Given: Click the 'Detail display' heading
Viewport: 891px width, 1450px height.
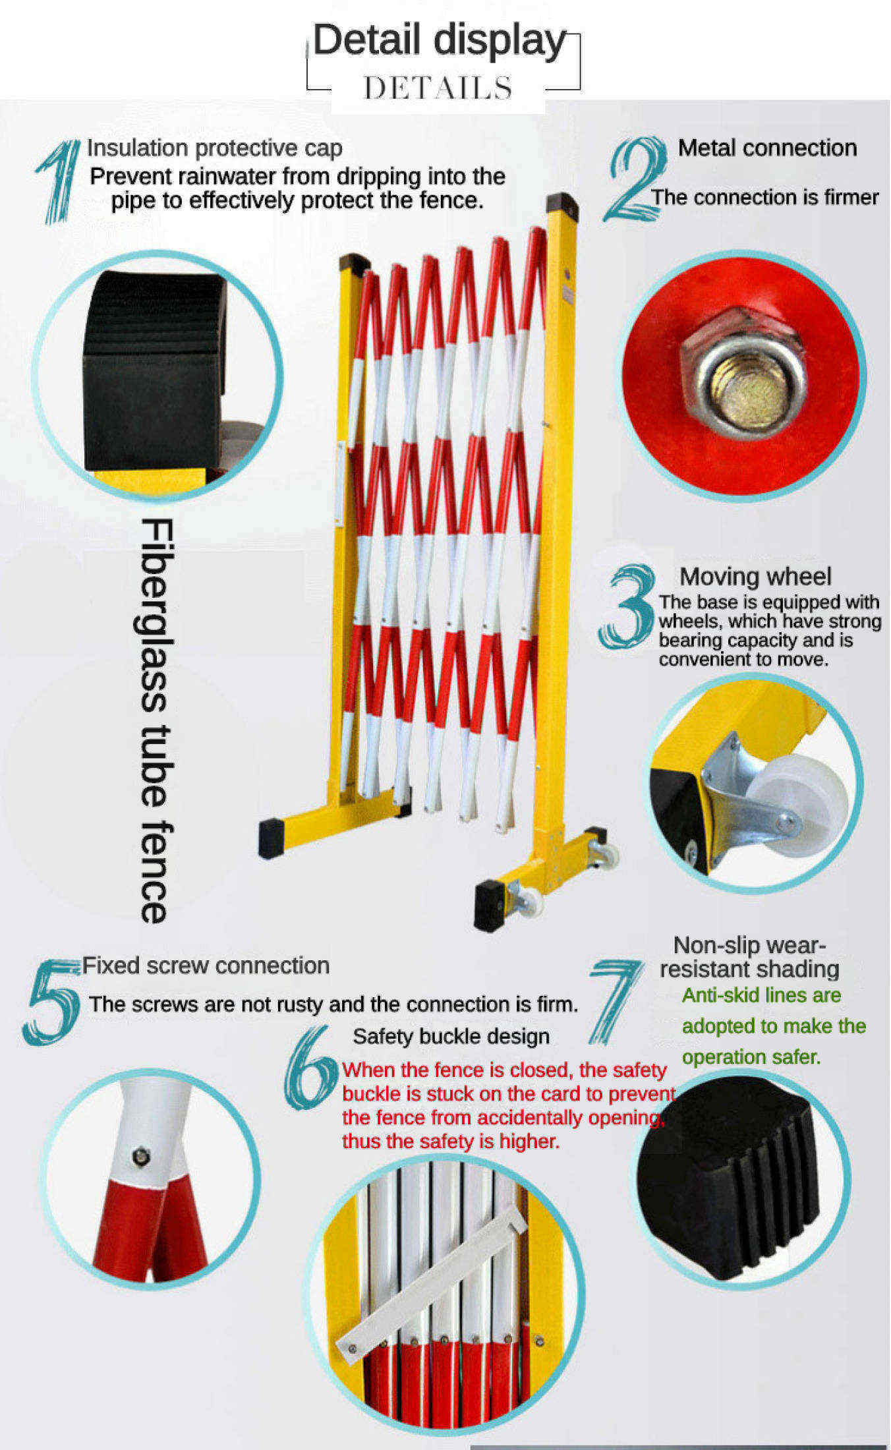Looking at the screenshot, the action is click(440, 41).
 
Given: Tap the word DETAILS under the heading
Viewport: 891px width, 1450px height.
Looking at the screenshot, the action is click(438, 88).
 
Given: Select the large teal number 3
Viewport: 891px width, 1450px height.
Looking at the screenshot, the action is click(627, 606).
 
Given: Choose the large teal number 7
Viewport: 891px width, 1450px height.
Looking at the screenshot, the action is click(614, 1002).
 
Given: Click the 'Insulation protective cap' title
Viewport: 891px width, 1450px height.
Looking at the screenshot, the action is click(215, 148).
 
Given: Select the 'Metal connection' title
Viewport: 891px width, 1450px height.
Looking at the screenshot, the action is click(767, 148).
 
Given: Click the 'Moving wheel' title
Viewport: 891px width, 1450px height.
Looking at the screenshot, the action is click(755, 576).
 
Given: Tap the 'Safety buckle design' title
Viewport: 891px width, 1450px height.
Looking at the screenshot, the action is click(451, 1036).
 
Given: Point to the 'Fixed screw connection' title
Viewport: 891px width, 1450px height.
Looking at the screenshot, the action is click(206, 966).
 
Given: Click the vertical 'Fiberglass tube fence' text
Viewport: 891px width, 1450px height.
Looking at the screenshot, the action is click(156, 720).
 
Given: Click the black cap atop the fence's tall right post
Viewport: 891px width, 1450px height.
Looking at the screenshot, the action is click(561, 205).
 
